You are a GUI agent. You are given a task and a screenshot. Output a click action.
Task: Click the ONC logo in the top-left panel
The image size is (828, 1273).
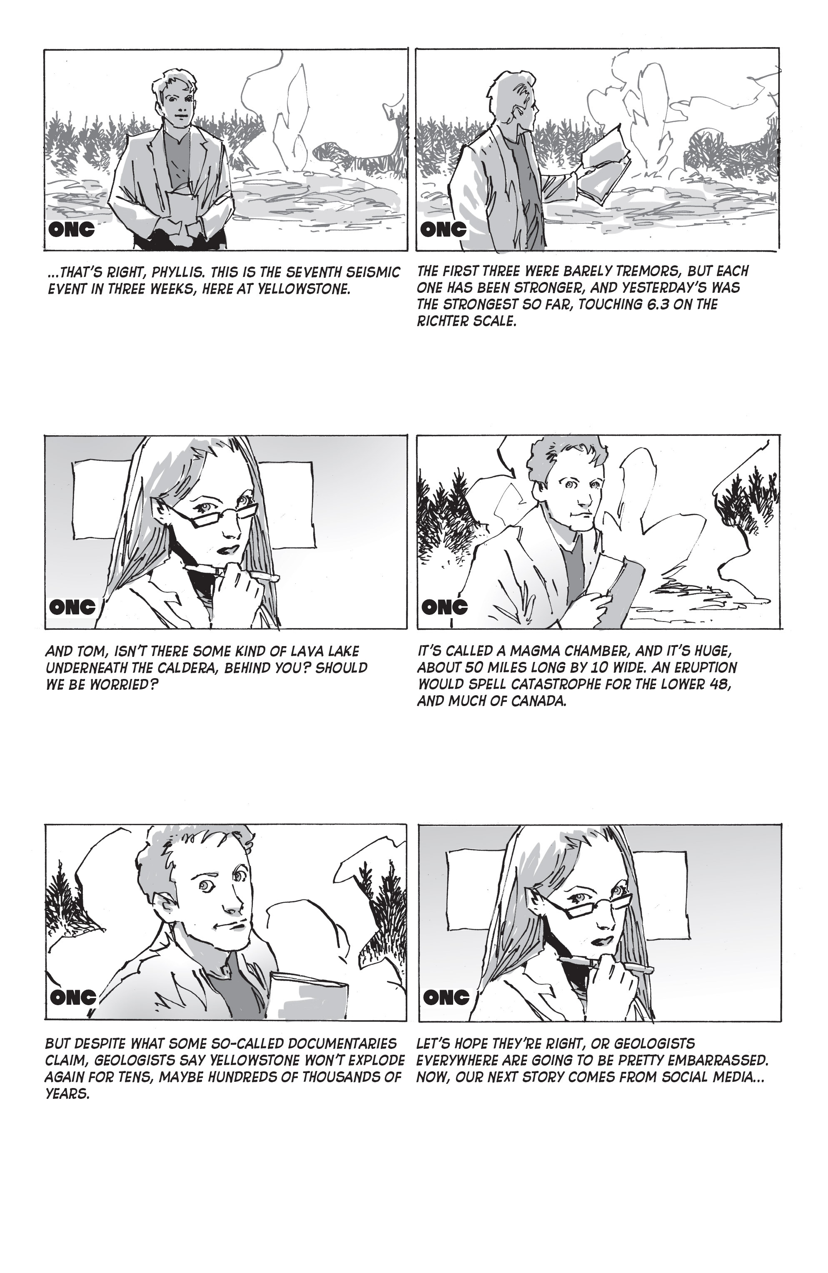click(71, 230)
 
